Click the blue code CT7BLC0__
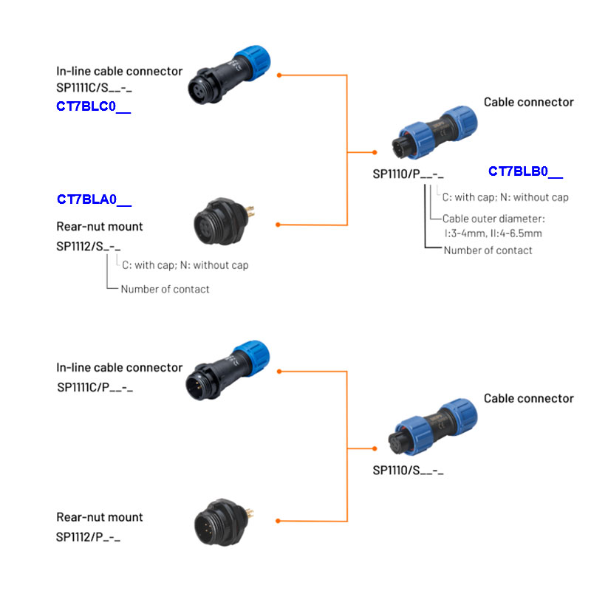click(93, 106)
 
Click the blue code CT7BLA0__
click(94, 199)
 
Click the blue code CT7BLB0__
click(525, 172)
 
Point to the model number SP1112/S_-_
click(88, 246)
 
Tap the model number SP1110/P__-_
click(408, 175)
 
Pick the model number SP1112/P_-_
click(88, 536)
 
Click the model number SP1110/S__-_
click(408, 470)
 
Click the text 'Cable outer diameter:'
click(493, 219)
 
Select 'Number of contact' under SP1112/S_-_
click(165, 289)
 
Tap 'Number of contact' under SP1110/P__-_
click(488, 250)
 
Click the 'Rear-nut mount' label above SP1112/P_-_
click(100, 517)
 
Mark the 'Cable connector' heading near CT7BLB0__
click(528, 102)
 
